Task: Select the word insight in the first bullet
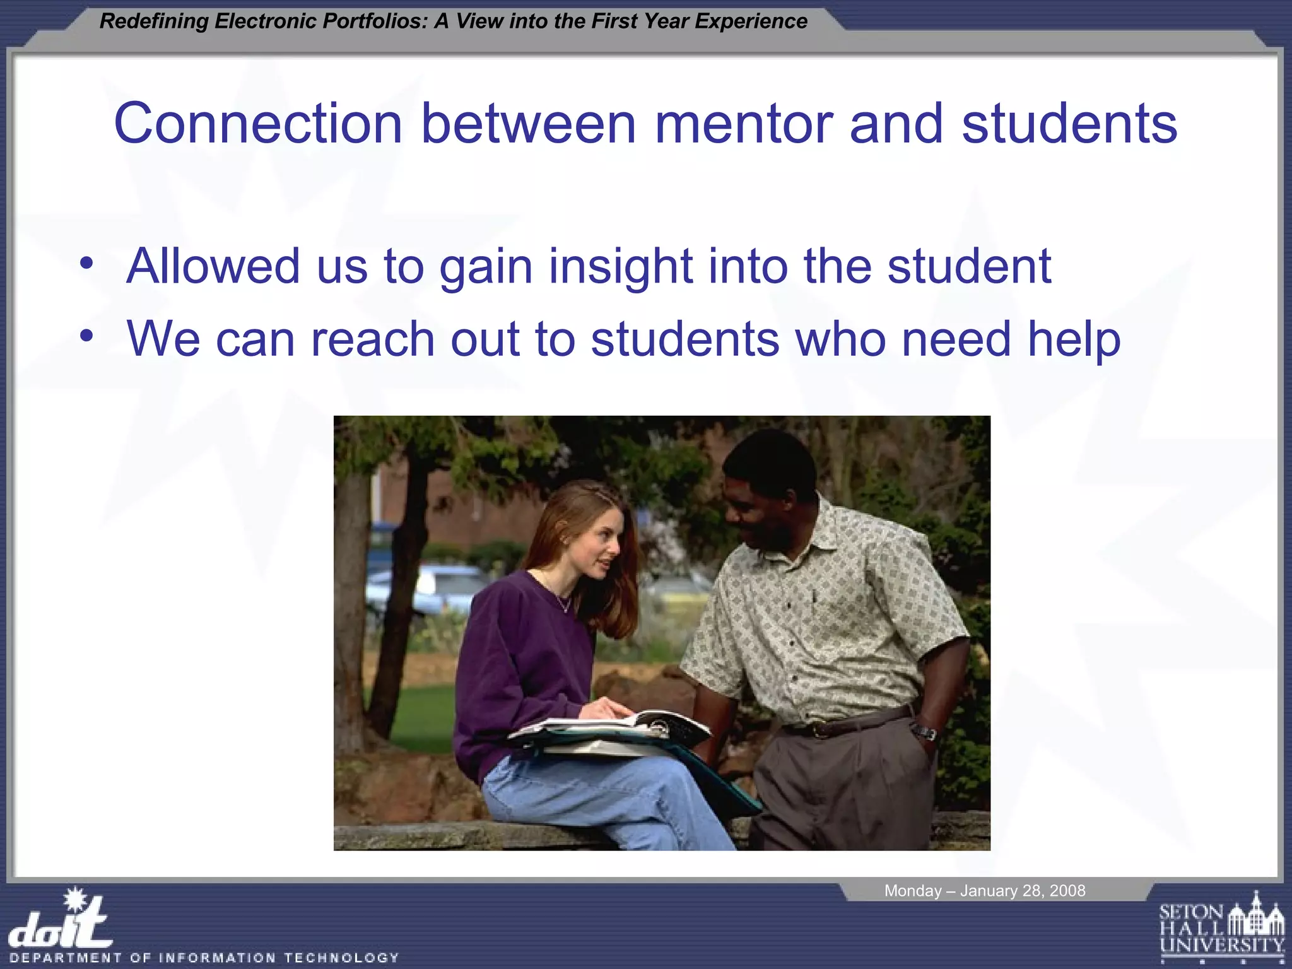pyautogui.click(x=621, y=266)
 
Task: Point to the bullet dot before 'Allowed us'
pyautogui.click(x=86, y=264)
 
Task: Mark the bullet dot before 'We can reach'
pyautogui.click(x=86, y=336)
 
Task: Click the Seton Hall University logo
pyautogui.click(x=1221, y=927)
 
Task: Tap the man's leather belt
pyautogui.click(x=845, y=723)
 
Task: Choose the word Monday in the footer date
pyautogui.click(x=912, y=891)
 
